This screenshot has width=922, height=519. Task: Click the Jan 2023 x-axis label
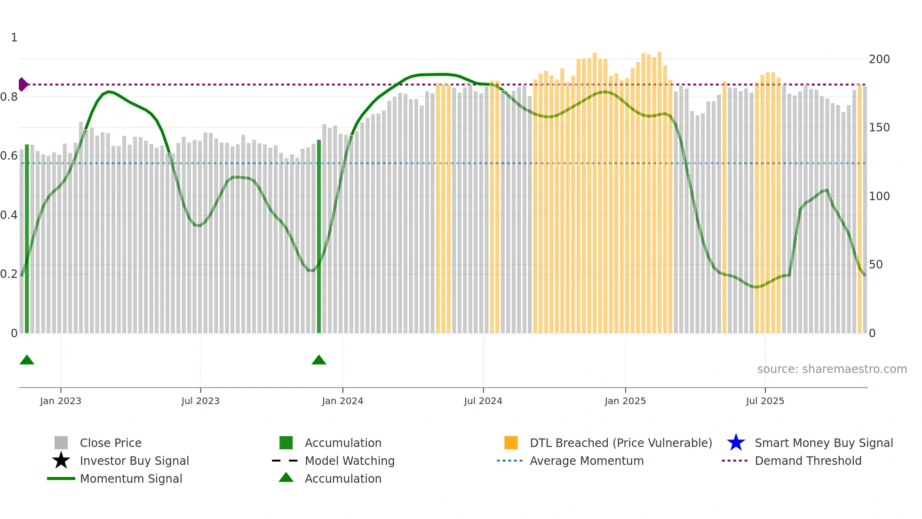click(61, 401)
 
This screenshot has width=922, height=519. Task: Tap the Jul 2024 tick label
click(483, 401)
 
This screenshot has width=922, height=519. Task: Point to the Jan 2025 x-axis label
click(625, 401)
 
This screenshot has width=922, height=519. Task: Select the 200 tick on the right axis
click(879, 59)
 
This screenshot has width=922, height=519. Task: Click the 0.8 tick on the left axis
click(9, 97)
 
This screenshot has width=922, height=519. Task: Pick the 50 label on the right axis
click(876, 265)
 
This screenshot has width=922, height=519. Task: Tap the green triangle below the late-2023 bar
click(319, 360)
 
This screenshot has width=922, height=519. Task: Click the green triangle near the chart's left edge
click(27, 360)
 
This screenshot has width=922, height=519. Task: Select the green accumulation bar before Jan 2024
click(319, 235)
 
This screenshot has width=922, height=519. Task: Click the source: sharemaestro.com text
click(832, 369)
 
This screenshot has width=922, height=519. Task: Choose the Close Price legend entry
click(111, 443)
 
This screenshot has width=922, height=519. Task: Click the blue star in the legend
click(736, 443)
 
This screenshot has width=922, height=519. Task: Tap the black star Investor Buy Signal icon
click(61, 461)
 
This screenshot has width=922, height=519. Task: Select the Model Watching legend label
click(350, 461)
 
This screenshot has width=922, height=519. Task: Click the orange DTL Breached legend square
click(511, 443)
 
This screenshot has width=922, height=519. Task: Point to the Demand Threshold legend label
click(808, 461)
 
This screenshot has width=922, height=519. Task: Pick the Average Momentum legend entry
click(587, 461)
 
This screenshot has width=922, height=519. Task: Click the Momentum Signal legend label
click(131, 478)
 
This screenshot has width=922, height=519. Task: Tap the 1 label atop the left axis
click(14, 38)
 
